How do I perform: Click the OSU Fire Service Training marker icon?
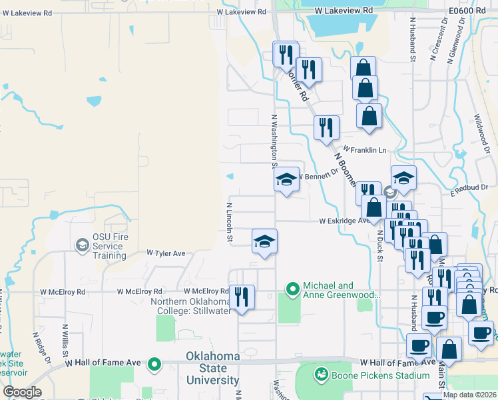[x=82, y=245]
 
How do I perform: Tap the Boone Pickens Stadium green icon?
[x=322, y=375]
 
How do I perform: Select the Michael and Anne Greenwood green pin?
[x=292, y=289]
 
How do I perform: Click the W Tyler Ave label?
[x=166, y=254]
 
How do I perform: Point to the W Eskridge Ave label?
[x=344, y=221]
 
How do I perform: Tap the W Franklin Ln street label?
[x=364, y=151]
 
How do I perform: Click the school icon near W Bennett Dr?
[x=286, y=179]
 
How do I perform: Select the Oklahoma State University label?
[x=212, y=368]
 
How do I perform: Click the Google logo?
[x=22, y=392]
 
